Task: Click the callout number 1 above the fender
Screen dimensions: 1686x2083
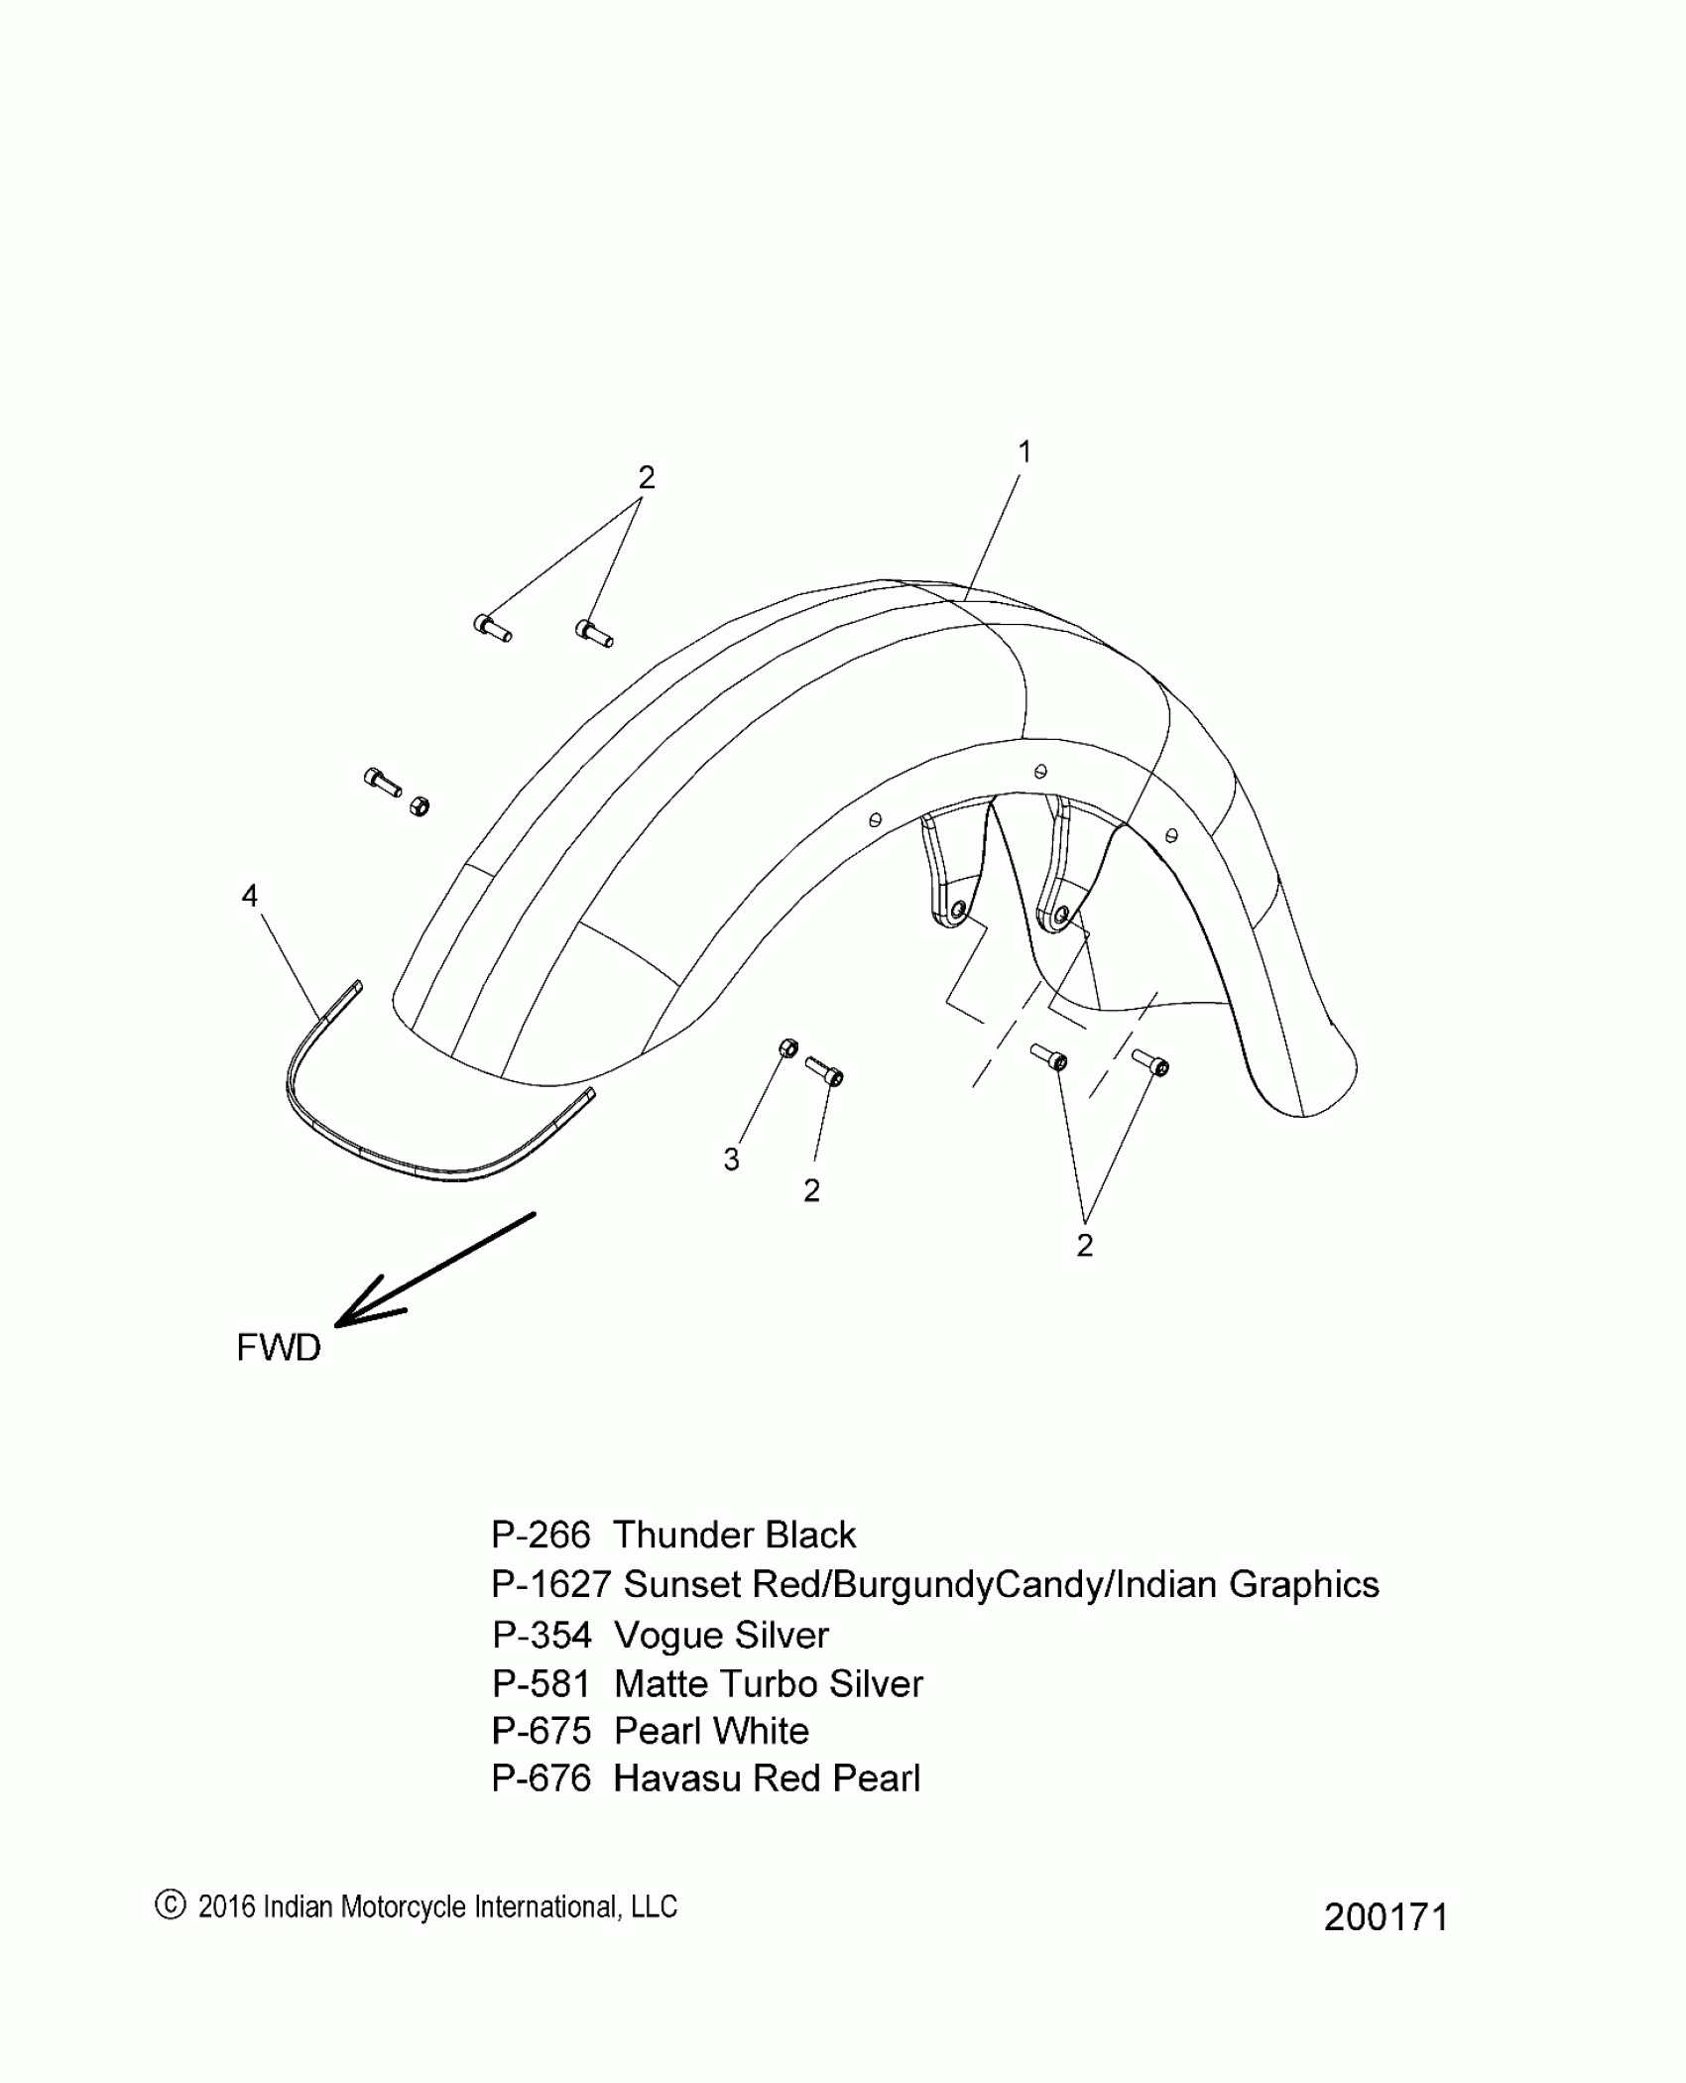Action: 1024,452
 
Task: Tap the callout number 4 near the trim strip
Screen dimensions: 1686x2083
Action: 250,896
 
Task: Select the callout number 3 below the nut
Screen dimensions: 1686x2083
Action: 732,1160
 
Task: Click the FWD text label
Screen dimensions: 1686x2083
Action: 279,1348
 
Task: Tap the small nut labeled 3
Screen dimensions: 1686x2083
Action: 788,1048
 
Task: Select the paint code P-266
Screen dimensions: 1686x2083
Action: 541,1534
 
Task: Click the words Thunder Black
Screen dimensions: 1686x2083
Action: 734,1534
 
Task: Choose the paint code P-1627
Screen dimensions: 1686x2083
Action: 550,1584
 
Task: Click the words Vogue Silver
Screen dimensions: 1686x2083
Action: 721,1635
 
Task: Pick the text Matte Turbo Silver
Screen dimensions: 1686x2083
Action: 769,1683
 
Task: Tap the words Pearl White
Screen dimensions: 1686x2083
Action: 711,1731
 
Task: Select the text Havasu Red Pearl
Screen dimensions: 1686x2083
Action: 767,1778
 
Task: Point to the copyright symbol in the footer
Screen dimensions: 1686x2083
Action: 171,1904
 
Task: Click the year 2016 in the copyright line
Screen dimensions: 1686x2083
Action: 227,1906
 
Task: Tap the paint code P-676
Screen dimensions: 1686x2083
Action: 541,1778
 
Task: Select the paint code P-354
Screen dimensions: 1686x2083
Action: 542,1635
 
